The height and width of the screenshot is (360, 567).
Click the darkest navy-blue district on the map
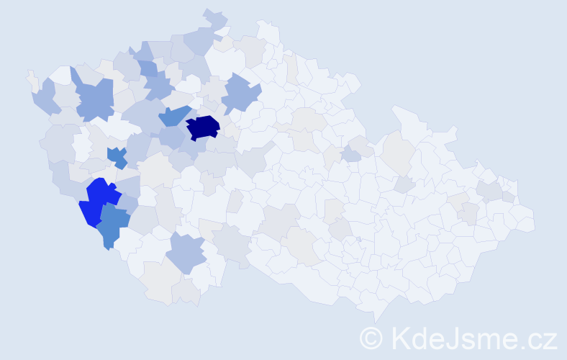pos(203,127)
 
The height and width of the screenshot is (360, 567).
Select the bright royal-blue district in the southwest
pos(100,200)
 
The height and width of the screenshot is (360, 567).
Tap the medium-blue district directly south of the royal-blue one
pos(113,225)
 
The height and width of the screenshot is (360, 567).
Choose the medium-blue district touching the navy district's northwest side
pos(175,116)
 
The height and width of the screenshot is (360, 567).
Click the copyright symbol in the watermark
pos(372,337)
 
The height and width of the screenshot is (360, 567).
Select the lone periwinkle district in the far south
pos(187,253)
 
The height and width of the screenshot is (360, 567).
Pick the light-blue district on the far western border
pos(45,97)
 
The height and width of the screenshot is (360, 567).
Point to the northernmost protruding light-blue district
pos(214,17)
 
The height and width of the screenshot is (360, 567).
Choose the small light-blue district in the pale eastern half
pos(350,154)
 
